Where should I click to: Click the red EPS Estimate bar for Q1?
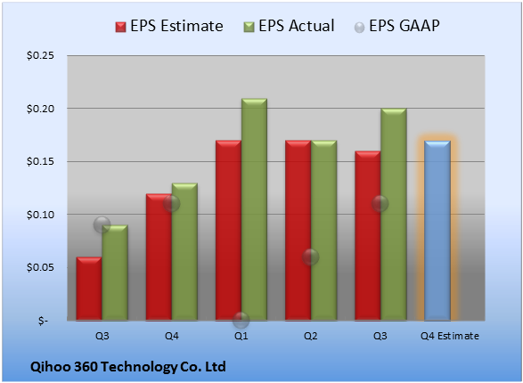pyautogui.click(x=228, y=231)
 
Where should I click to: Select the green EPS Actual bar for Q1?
pyautogui.click(x=254, y=209)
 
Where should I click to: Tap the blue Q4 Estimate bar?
pyautogui.click(x=437, y=231)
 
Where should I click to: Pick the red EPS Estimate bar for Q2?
pyautogui.click(x=298, y=231)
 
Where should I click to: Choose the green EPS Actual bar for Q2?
pyautogui.click(x=324, y=231)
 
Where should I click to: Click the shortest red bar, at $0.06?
pyautogui.click(x=89, y=289)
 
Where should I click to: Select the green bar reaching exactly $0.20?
pyautogui.click(x=394, y=215)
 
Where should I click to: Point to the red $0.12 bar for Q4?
pyautogui.click(x=159, y=257)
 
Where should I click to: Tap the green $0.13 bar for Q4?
pyautogui.click(x=184, y=252)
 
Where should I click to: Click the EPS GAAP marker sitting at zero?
pyautogui.click(x=241, y=321)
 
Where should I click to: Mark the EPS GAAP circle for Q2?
pyautogui.click(x=311, y=257)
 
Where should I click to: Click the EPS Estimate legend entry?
pyautogui.click(x=169, y=26)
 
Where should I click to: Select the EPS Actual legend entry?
pyautogui.click(x=289, y=26)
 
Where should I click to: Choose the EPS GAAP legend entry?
pyautogui.click(x=396, y=26)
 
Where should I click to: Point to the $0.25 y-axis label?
pyautogui.click(x=40, y=55)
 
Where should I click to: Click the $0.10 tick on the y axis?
pyautogui.click(x=40, y=215)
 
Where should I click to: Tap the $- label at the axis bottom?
pyautogui.click(x=43, y=321)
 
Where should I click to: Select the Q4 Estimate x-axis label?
pyautogui.click(x=450, y=336)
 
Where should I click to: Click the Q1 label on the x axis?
pyautogui.click(x=241, y=336)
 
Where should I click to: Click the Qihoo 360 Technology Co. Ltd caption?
pyautogui.click(x=128, y=367)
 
